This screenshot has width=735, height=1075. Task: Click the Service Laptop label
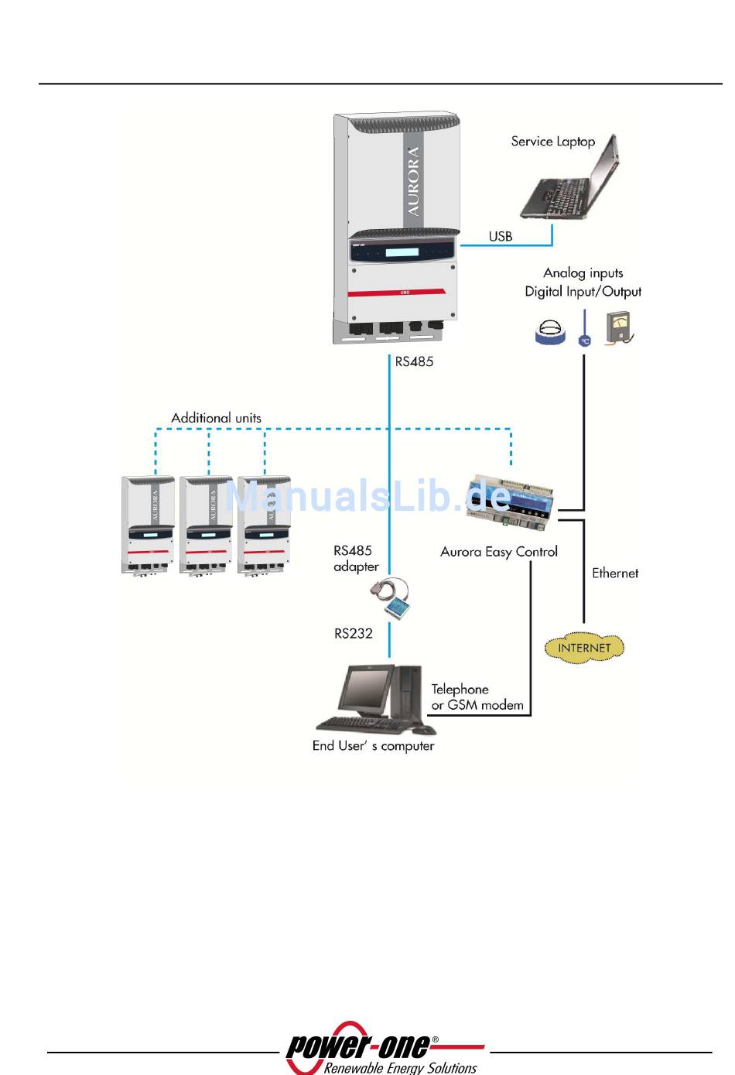(552, 142)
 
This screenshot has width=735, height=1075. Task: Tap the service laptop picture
(569, 177)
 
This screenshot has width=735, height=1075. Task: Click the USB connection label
(501, 236)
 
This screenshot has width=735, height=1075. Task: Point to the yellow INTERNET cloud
(584, 648)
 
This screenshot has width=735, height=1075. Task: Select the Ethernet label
(615, 573)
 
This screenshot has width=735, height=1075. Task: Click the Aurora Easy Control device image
(510, 502)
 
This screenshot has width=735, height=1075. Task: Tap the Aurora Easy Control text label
(499, 552)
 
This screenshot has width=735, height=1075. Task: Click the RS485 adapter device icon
(391, 597)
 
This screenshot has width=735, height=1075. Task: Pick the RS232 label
(353, 634)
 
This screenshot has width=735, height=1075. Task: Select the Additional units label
(217, 418)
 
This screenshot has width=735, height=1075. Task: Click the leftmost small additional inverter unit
(148, 526)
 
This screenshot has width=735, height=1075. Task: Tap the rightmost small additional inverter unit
(264, 526)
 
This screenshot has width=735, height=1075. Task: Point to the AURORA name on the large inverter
(412, 181)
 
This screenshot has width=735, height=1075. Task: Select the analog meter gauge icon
(619, 328)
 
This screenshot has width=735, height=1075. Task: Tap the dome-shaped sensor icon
(550, 332)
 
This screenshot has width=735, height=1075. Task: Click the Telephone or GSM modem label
(477, 697)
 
